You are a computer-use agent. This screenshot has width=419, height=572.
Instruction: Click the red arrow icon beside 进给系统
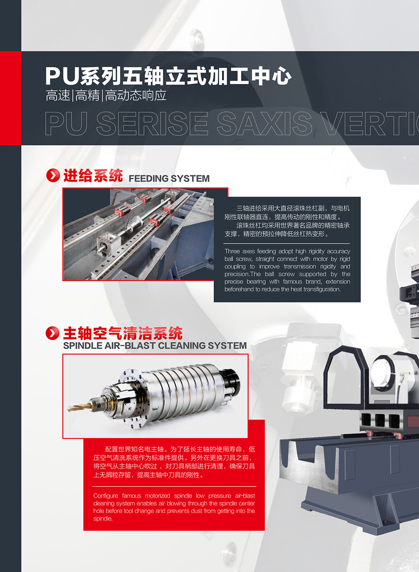(x=53, y=175)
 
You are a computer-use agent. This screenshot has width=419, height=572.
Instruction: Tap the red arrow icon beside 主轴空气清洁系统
(x=53, y=333)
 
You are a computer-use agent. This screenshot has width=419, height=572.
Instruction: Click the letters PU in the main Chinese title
(x=62, y=76)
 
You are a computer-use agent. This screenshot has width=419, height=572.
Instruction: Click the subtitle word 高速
(x=58, y=96)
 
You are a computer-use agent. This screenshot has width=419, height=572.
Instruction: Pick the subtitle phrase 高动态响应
(x=136, y=96)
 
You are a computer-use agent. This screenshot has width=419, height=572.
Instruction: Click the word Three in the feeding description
(x=232, y=251)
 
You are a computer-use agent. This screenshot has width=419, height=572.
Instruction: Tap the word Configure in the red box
(x=106, y=496)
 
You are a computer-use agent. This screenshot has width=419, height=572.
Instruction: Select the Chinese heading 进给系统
(x=93, y=176)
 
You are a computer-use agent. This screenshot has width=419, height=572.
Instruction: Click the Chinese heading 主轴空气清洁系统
(x=123, y=333)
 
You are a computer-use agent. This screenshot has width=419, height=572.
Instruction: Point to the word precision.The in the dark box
(x=243, y=274)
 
